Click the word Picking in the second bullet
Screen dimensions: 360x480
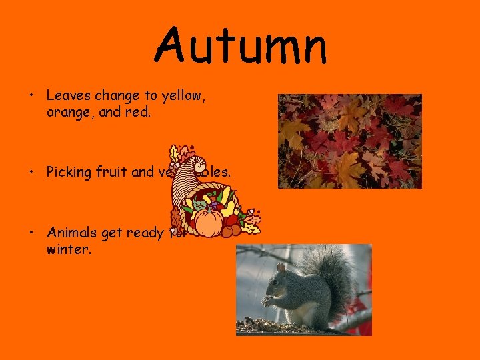pos(68,172)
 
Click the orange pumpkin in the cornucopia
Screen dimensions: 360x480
pos(209,223)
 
